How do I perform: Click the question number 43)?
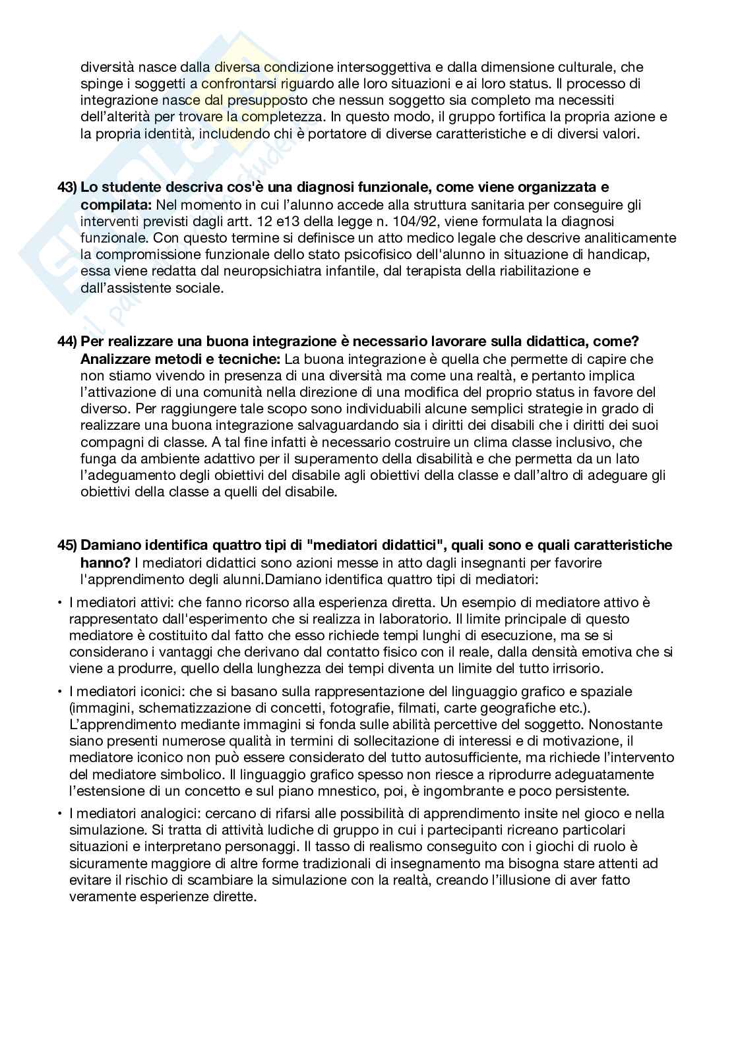point(67,188)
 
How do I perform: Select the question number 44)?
point(67,342)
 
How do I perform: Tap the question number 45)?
point(67,545)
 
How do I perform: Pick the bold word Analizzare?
point(111,359)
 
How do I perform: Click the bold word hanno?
point(104,562)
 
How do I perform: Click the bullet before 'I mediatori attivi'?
point(60,602)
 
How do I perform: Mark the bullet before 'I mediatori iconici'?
point(60,692)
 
